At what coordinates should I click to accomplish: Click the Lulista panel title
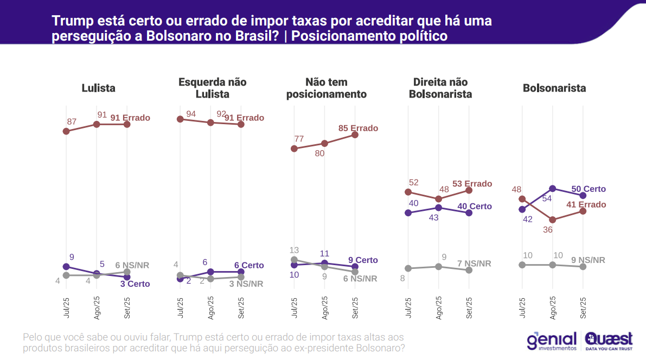click(x=98, y=88)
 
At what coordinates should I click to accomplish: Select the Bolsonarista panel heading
click(x=554, y=88)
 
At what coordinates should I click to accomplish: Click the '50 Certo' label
click(x=589, y=189)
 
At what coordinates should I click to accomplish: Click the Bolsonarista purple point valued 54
click(x=553, y=189)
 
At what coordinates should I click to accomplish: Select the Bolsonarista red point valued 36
click(x=553, y=220)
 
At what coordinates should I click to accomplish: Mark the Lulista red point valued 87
click(x=66, y=131)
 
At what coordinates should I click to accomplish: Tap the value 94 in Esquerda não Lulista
click(x=190, y=113)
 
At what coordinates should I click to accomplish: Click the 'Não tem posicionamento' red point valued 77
click(x=294, y=149)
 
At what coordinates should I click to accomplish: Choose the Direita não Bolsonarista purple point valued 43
click(x=438, y=208)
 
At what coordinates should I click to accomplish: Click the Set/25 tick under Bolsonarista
click(x=584, y=308)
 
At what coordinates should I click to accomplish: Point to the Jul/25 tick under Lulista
click(x=66, y=308)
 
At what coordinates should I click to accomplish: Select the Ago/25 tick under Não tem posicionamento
click(x=324, y=308)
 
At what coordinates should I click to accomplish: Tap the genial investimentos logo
click(x=552, y=341)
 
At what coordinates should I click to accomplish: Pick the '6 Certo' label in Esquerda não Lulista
click(x=249, y=266)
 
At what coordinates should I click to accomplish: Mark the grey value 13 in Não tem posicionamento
click(x=294, y=250)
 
